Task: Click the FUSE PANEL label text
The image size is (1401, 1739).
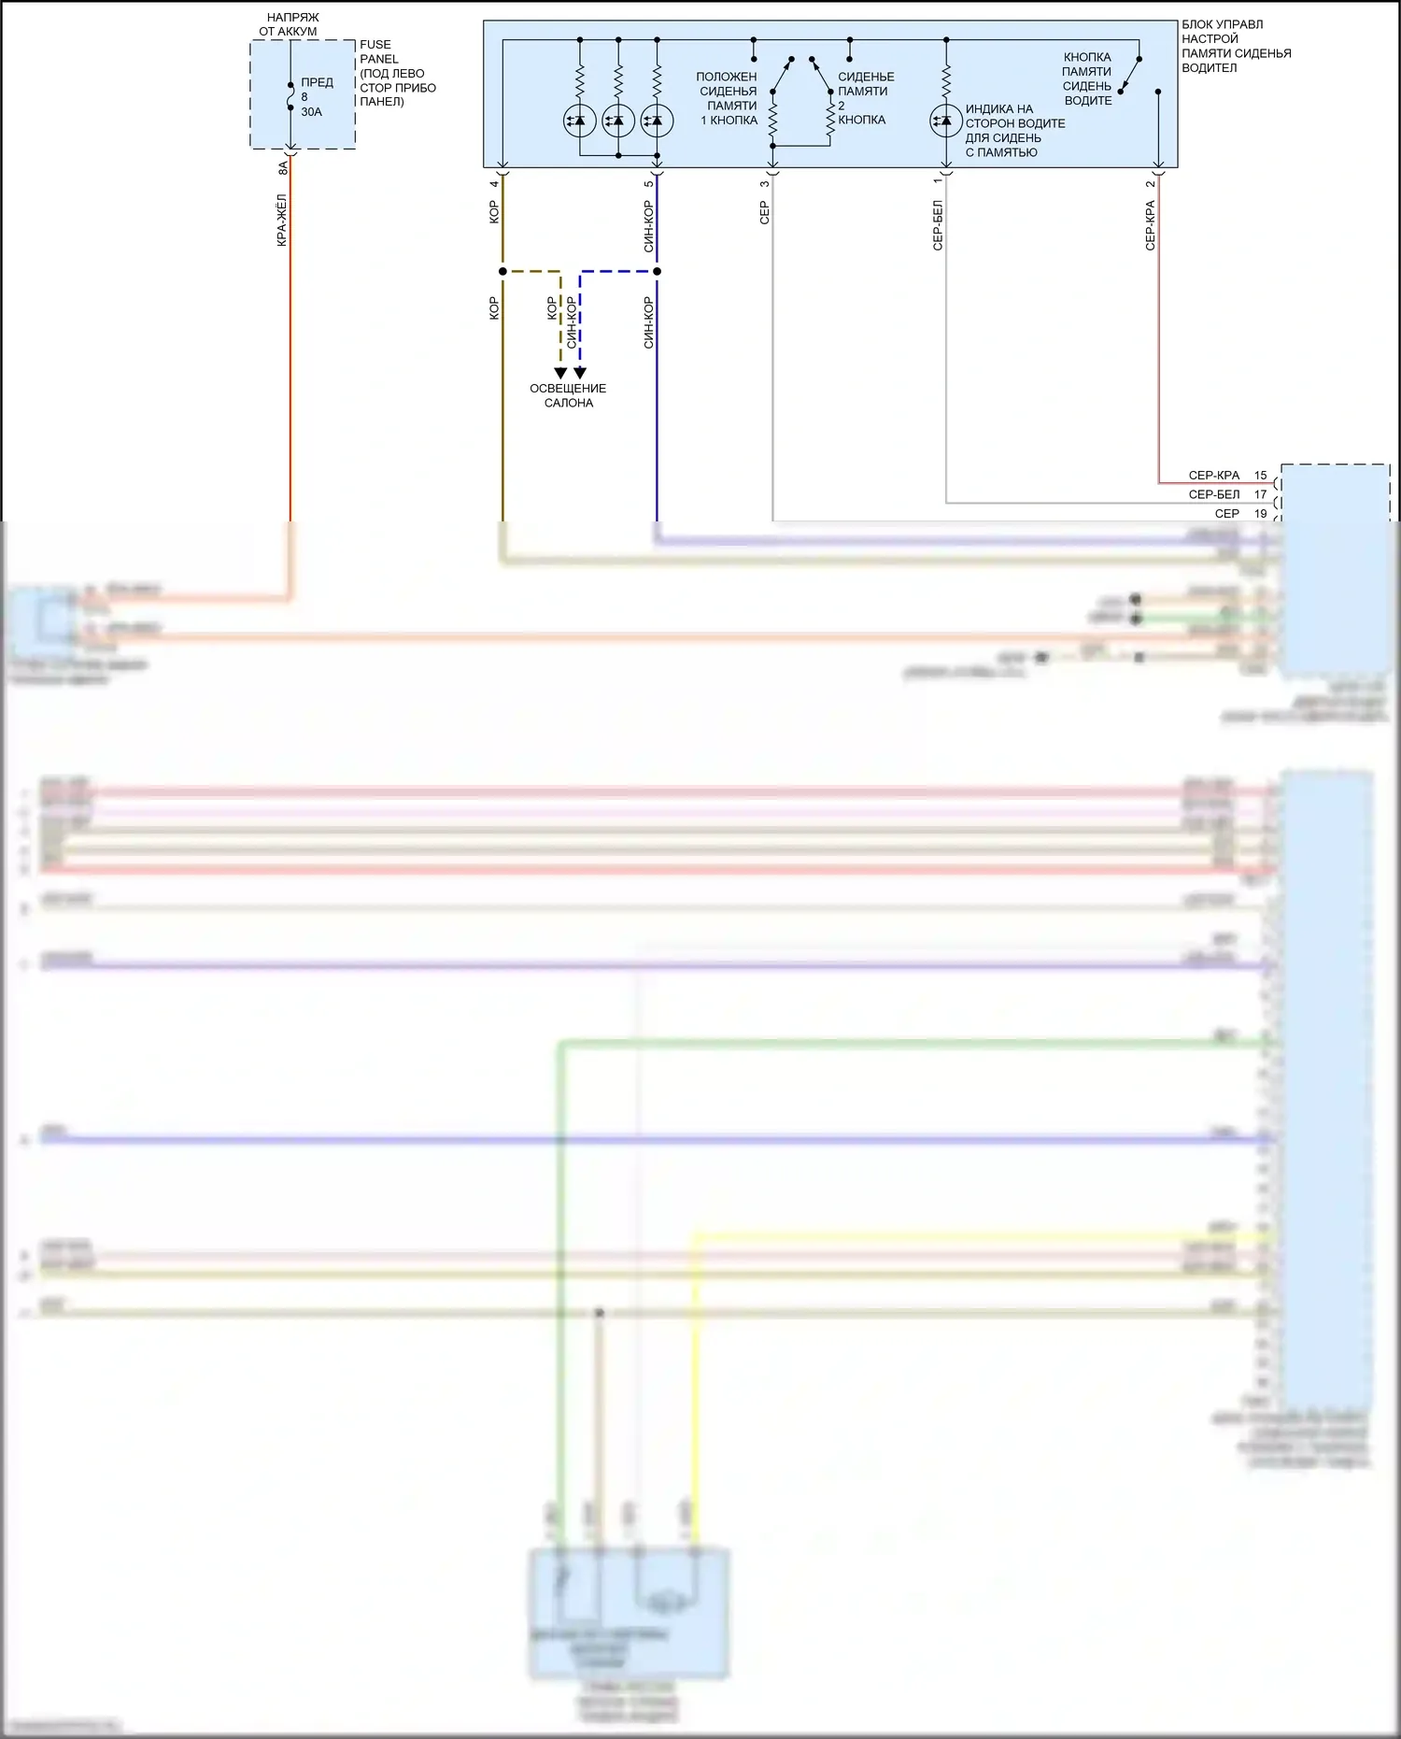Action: (x=379, y=51)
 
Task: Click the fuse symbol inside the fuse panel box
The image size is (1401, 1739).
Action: (x=290, y=95)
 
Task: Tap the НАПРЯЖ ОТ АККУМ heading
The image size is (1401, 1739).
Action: (x=290, y=24)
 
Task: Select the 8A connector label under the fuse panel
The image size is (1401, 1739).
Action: (x=283, y=168)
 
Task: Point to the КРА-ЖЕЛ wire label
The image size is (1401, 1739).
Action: (x=282, y=221)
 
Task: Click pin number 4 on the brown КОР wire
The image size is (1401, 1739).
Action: (x=494, y=183)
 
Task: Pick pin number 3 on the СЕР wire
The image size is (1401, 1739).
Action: (x=764, y=183)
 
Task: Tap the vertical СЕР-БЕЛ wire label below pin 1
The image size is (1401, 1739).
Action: (x=938, y=225)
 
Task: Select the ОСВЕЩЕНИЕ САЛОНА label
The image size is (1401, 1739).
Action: (x=568, y=395)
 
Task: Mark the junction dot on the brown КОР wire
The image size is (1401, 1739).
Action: (x=502, y=272)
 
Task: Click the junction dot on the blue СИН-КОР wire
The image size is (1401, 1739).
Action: (x=657, y=272)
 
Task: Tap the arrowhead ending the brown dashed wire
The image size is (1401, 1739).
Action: (x=560, y=373)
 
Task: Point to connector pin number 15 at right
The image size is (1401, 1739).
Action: (x=1260, y=476)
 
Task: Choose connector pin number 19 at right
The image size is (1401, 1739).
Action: (x=1260, y=514)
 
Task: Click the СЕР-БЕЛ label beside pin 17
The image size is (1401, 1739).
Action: (x=1214, y=494)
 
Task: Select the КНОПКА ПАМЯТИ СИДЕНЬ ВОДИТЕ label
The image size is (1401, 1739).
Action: (x=1087, y=78)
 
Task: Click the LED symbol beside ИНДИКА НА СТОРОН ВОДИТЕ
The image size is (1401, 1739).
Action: (x=945, y=121)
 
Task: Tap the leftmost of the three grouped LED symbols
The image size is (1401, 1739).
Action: (x=579, y=121)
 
